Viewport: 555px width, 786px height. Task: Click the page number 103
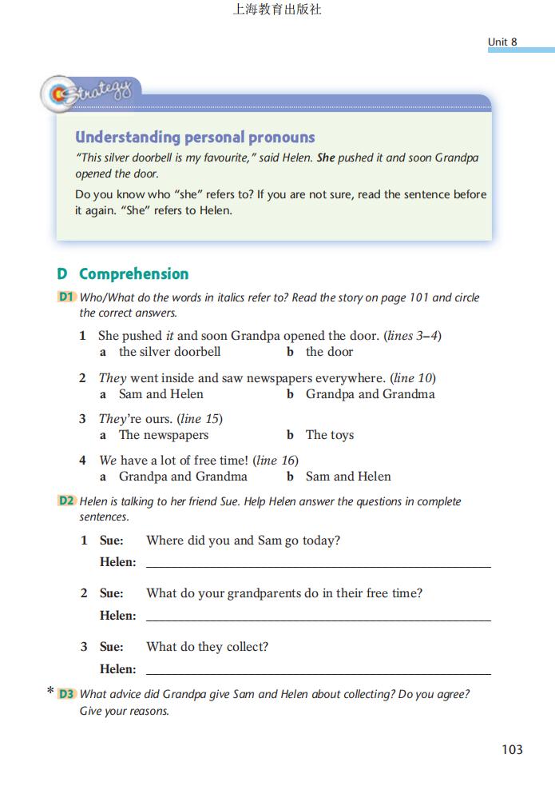pyautogui.click(x=512, y=749)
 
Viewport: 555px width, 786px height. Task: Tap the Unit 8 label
pyautogui.click(x=503, y=42)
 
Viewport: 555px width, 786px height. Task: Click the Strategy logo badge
pyautogui.click(x=89, y=94)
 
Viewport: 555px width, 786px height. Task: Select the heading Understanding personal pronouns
pyautogui.click(x=195, y=137)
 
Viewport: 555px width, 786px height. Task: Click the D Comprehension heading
pyautogui.click(x=123, y=273)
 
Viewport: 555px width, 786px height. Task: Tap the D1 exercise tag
pyautogui.click(x=66, y=297)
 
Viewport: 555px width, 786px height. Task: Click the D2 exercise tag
pyautogui.click(x=66, y=501)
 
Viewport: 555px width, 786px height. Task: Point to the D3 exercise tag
pyautogui.click(x=66, y=694)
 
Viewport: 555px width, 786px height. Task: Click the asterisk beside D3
pyautogui.click(x=50, y=692)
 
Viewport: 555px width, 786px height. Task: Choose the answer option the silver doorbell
pyautogui.click(x=169, y=352)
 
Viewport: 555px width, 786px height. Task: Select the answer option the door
pyautogui.click(x=329, y=352)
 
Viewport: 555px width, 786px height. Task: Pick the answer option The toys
pyautogui.click(x=329, y=435)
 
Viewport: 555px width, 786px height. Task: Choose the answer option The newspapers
pyautogui.click(x=164, y=435)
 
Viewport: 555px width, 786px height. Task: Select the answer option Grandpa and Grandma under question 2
pyautogui.click(x=370, y=394)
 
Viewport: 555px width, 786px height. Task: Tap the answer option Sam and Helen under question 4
pyautogui.click(x=348, y=477)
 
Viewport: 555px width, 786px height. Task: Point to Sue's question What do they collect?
pyautogui.click(x=207, y=647)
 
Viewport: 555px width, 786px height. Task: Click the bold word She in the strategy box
pyautogui.click(x=326, y=158)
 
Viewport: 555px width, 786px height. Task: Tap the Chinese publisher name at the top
pyautogui.click(x=277, y=10)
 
